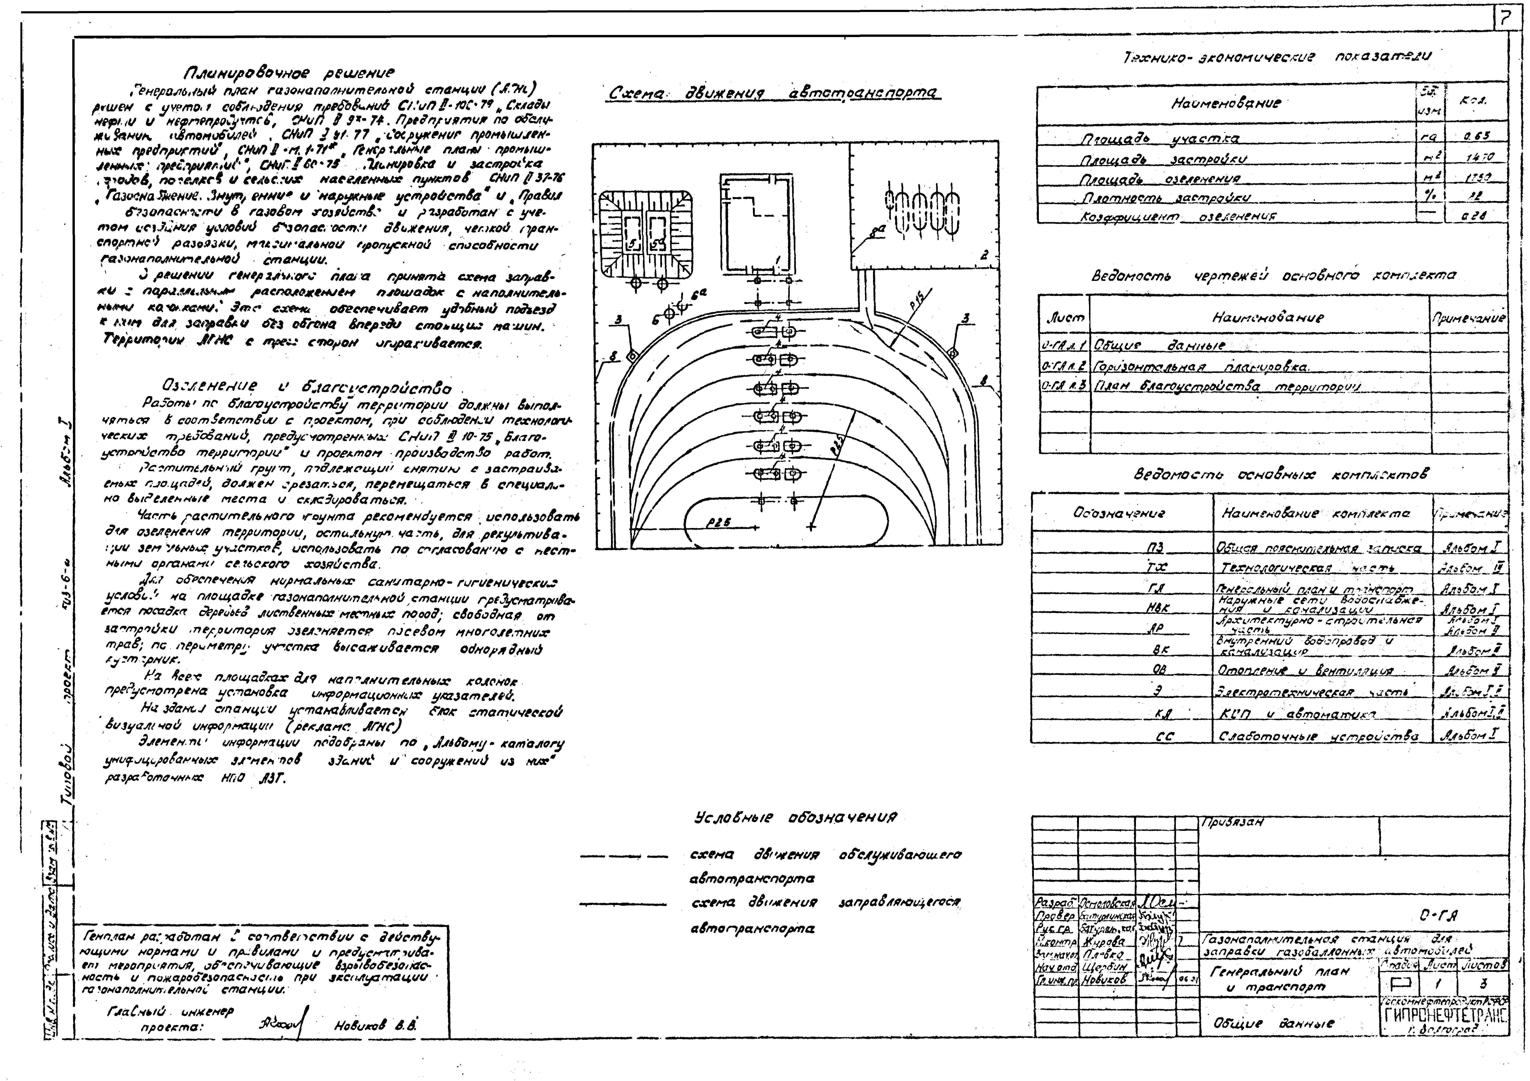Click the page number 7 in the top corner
(x=1505, y=20)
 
